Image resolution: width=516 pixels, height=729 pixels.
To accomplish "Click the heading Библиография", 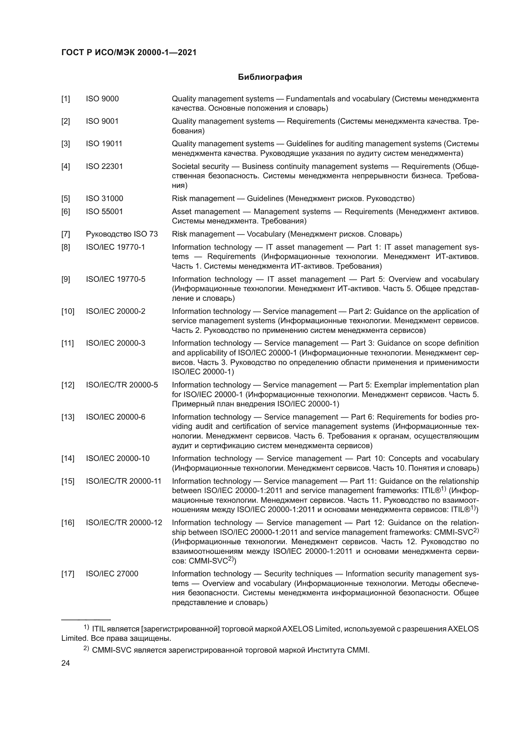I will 270,77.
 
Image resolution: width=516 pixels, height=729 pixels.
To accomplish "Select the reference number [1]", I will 66,99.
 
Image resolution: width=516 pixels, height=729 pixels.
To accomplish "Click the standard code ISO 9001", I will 102,121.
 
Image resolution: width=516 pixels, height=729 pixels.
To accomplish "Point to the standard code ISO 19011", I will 104,144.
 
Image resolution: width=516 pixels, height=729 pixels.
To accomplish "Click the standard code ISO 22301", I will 104,166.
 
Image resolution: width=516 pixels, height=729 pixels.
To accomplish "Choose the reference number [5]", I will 66,199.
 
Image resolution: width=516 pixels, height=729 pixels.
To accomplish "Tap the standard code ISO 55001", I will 104,212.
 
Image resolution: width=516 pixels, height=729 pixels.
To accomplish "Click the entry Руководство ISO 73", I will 122,234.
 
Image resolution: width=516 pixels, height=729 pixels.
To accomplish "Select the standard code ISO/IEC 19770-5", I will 115,279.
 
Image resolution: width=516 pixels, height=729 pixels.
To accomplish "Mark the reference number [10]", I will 67,311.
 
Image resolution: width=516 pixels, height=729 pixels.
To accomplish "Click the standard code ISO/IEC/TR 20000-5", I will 122,385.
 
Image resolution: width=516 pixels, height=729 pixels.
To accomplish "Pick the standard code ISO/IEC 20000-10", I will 118,458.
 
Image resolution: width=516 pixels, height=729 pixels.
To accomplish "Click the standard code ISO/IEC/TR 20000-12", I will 124,523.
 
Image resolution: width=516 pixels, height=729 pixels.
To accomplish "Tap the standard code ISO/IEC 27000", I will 112,574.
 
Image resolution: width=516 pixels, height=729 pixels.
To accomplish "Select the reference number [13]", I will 67,417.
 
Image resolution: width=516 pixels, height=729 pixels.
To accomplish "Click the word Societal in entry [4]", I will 184,166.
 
